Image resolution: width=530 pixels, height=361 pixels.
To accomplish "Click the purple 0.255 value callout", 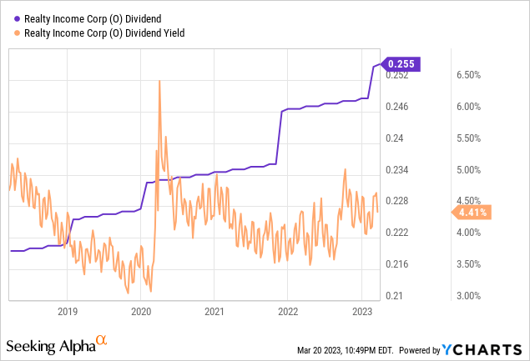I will tap(404, 63).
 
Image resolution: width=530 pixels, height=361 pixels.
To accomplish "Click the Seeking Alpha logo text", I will tap(50, 343).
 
